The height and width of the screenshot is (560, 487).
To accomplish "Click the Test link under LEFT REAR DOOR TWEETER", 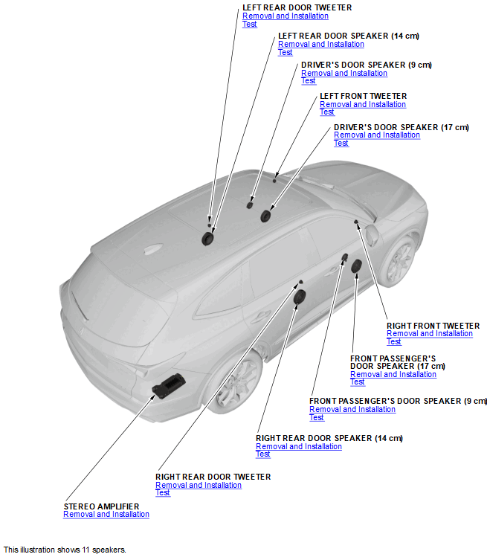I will point(249,24).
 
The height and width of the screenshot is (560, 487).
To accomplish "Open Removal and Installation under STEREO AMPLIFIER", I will point(106,515).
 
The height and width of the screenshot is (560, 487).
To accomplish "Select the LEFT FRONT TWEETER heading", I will point(363,96).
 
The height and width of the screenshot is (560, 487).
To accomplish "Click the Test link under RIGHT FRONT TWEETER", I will point(393,342).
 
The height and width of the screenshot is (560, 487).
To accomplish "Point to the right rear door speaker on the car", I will point(300,297).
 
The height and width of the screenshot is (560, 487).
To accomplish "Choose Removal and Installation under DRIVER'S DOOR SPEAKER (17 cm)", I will point(377,135).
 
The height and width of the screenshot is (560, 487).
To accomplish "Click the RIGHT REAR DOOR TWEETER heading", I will point(213,477).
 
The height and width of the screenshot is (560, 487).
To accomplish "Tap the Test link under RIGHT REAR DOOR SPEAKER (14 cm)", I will point(262,454).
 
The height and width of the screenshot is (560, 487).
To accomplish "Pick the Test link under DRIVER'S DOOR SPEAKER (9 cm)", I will point(308,81).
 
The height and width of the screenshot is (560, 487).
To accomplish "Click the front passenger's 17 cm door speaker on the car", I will point(357,266).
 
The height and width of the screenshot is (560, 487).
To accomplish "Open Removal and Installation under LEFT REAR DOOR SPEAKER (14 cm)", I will point(321,45).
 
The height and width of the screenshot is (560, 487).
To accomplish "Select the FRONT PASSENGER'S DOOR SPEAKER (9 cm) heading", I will point(398,401).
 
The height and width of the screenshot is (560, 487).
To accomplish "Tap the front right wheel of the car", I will point(399,260).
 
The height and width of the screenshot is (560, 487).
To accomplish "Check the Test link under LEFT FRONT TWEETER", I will point(326,112).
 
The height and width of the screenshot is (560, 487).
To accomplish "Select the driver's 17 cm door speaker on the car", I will point(265,216).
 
